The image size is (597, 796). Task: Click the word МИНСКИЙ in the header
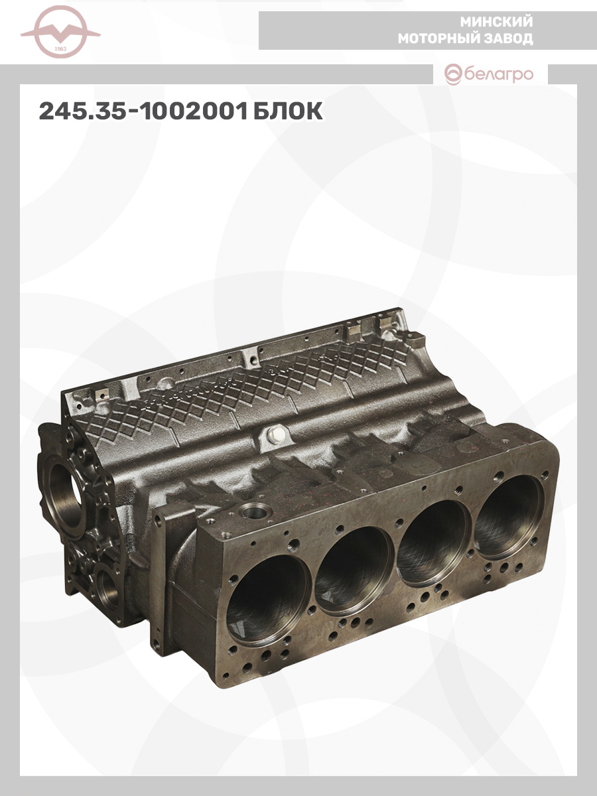pyautogui.click(x=496, y=22)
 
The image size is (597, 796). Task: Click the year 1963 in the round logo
pyautogui.click(x=60, y=49)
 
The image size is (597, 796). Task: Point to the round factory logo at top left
pyautogui.click(x=60, y=33)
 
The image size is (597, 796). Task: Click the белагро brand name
pyautogui.click(x=498, y=74)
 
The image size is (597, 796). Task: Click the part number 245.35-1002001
pyautogui.click(x=143, y=111)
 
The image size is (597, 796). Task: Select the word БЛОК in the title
pyautogui.click(x=287, y=111)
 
